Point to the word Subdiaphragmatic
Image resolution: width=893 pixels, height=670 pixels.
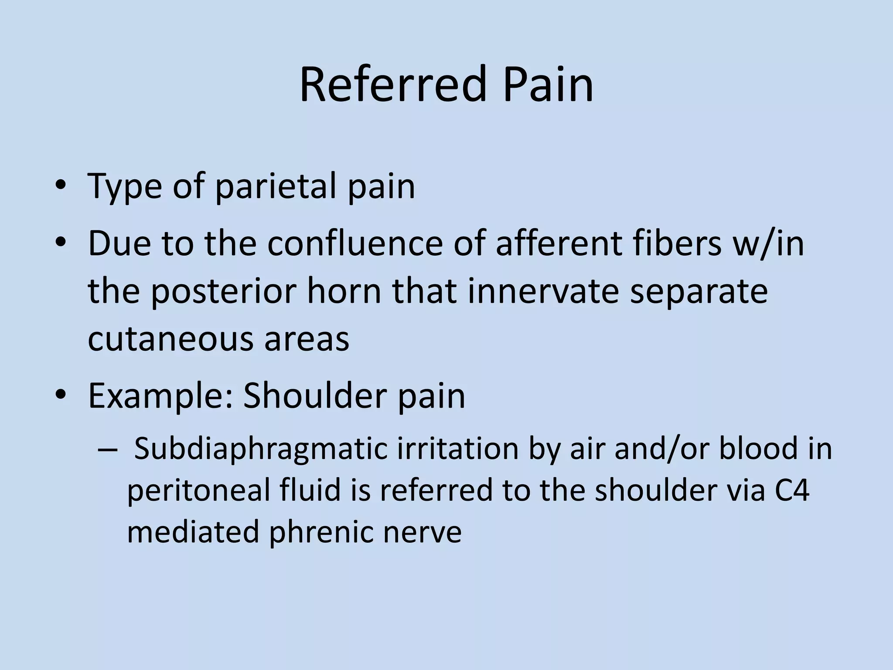click(260, 449)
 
